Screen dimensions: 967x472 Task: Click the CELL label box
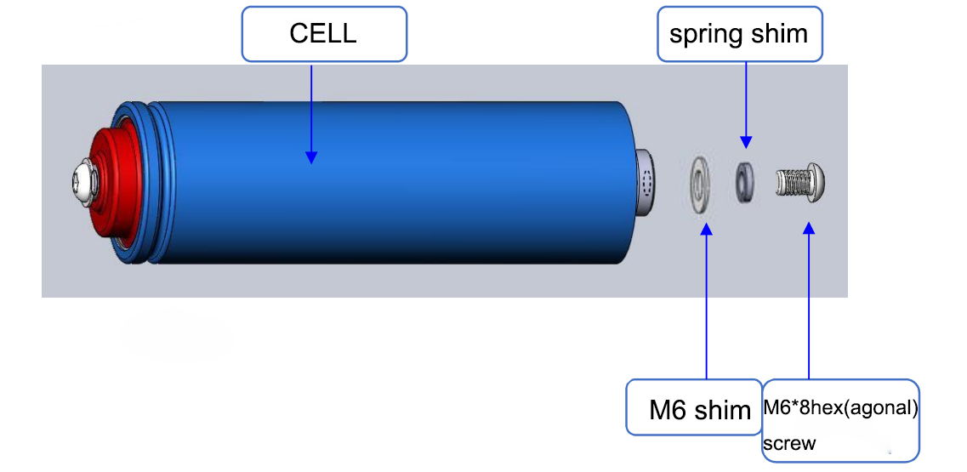tap(324, 34)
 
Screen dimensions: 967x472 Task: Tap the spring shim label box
tap(739, 34)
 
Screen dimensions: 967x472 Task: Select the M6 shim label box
tap(694, 407)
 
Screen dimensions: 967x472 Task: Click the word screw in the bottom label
tap(789, 443)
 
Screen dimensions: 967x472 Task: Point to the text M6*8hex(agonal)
tap(840, 408)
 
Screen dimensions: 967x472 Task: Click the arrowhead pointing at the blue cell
tap(311, 156)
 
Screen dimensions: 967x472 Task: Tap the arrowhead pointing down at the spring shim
tap(746, 141)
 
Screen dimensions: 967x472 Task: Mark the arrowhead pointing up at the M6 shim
tap(707, 230)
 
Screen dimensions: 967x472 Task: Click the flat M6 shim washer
tap(699, 185)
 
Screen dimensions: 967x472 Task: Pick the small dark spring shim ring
tap(743, 183)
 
